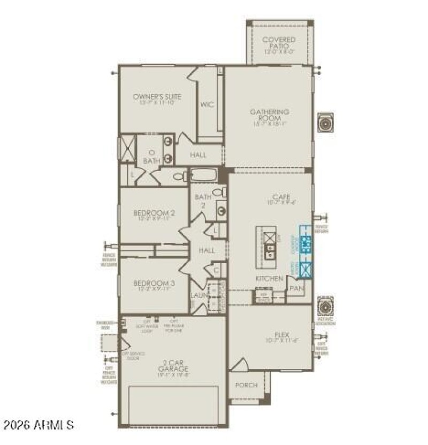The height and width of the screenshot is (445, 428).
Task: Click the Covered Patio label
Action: (x=279, y=43)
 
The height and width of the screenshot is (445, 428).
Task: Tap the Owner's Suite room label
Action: (x=157, y=99)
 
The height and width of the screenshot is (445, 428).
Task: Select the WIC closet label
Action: (x=207, y=104)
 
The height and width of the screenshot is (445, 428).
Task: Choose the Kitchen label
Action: (x=269, y=279)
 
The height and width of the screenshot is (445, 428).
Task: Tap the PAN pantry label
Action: (x=296, y=288)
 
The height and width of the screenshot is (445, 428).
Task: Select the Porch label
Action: (x=246, y=385)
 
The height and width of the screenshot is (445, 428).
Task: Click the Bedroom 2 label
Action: (x=154, y=215)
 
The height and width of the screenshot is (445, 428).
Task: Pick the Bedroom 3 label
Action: (x=154, y=285)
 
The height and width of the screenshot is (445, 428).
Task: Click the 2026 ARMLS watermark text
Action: (x=38, y=426)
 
